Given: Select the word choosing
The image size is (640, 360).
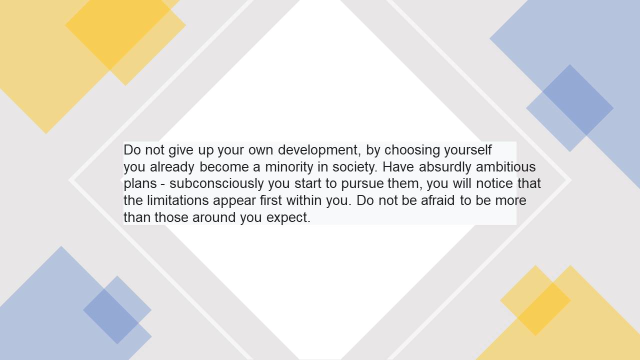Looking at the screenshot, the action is coord(412,150).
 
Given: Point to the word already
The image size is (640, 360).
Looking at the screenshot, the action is coord(172,167).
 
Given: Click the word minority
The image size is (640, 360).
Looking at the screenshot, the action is coord(289,167).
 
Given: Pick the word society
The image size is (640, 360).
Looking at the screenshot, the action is coord(355,167).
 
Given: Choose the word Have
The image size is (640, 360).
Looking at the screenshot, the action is coord(398,167).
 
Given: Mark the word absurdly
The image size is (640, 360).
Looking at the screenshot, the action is coord(445,167).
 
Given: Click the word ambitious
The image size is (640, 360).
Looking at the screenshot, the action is coord(505,167).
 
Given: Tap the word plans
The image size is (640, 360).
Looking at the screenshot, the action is coord(140,184).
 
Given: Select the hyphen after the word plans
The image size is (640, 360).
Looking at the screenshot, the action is coord(163,184).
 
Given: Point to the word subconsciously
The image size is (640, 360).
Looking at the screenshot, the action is coord(216,184).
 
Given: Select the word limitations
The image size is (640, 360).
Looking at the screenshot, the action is coord(178,200).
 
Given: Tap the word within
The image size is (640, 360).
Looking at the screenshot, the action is coord(304,200).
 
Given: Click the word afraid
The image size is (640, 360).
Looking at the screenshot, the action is coord(437,200).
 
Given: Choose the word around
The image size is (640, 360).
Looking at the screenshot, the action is coord(214,217).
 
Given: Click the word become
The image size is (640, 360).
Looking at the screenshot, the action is coord(224,167).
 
